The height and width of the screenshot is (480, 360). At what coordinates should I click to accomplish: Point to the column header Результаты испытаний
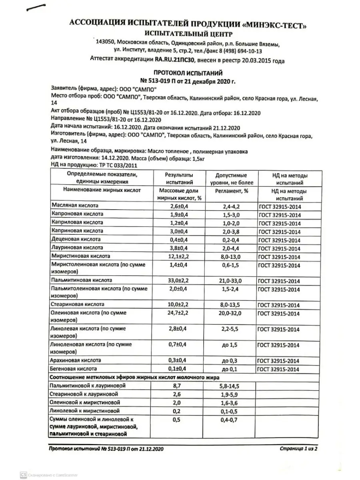pos(179,179)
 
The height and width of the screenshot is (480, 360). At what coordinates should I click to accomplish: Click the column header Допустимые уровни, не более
pos(231,179)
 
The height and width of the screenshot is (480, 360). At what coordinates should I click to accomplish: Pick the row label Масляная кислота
pos(75,205)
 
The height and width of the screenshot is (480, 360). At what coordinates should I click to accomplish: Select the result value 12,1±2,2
pos(179,256)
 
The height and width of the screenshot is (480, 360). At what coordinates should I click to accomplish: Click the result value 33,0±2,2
pos(179,280)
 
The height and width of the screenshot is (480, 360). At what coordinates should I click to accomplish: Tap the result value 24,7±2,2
pos(179,313)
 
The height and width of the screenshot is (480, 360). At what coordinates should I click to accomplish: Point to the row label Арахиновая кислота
pos(75,360)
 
